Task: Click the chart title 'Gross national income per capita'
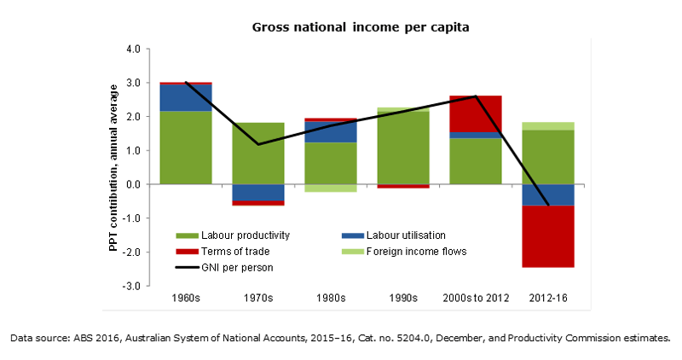click(x=361, y=27)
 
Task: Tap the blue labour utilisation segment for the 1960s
click(x=185, y=97)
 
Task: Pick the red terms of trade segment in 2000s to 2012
click(x=475, y=113)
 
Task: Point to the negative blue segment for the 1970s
click(x=257, y=192)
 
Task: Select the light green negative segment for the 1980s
click(x=330, y=188)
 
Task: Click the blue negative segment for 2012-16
click(x=547, y=195)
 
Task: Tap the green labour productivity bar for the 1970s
click(x=257, y=154)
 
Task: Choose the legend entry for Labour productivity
click(x=238, y=235)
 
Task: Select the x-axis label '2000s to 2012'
click(x=475, y=299)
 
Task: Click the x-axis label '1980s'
click(x=330, y=299)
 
